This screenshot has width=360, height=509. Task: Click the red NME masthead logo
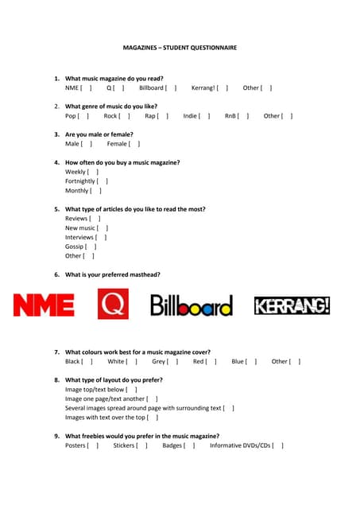44,305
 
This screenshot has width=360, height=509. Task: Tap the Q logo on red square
113,304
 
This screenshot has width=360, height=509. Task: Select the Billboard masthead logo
192,305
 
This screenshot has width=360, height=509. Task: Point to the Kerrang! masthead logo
292,305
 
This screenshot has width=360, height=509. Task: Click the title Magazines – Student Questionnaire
180,48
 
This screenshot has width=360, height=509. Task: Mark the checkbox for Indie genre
204,116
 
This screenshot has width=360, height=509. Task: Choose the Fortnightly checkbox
103,181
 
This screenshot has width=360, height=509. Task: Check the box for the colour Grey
172,362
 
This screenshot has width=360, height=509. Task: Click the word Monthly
77,191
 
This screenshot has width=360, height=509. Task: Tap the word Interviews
79,237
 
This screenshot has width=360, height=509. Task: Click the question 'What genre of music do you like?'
111,106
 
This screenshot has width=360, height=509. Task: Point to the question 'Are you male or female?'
99,134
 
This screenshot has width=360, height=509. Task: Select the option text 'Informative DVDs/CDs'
238,446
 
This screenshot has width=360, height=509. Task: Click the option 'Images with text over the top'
105,418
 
